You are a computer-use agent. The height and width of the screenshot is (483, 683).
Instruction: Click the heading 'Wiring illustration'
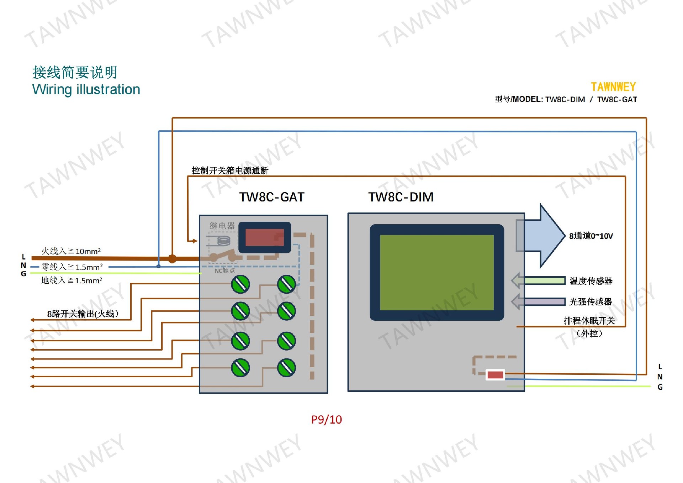click(86, 90)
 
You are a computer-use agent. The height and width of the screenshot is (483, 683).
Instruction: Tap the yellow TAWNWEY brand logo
click(613, 87)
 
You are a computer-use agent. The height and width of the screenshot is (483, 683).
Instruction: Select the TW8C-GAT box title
click(272, 197)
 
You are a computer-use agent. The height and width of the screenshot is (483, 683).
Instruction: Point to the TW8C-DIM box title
click(401, 197)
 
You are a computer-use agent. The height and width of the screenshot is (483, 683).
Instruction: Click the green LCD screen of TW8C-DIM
click(437, 272)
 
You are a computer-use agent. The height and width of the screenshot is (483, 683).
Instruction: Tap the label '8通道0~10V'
click(591, 236)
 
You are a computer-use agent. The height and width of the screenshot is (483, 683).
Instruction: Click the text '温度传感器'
click(591, 281)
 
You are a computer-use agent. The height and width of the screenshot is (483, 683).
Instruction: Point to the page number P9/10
click(326, 420)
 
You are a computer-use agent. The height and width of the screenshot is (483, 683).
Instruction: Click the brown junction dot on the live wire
click(172, 259)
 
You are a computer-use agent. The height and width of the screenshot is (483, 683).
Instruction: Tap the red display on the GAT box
click(264, 237)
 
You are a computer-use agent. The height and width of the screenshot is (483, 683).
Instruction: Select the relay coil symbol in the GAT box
click(223, 241)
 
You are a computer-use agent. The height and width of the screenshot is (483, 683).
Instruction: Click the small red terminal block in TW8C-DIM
click(495, 375)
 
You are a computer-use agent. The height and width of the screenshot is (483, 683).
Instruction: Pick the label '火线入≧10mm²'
click(71, 251)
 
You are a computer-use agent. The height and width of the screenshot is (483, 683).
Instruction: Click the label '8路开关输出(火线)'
click(83, 314)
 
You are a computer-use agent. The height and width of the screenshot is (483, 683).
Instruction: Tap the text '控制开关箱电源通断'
click(230, 170)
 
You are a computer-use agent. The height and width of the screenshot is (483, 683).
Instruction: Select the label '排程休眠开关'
click(589, 321)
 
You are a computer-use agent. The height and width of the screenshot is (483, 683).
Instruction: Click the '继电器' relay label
click(222, 226)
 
